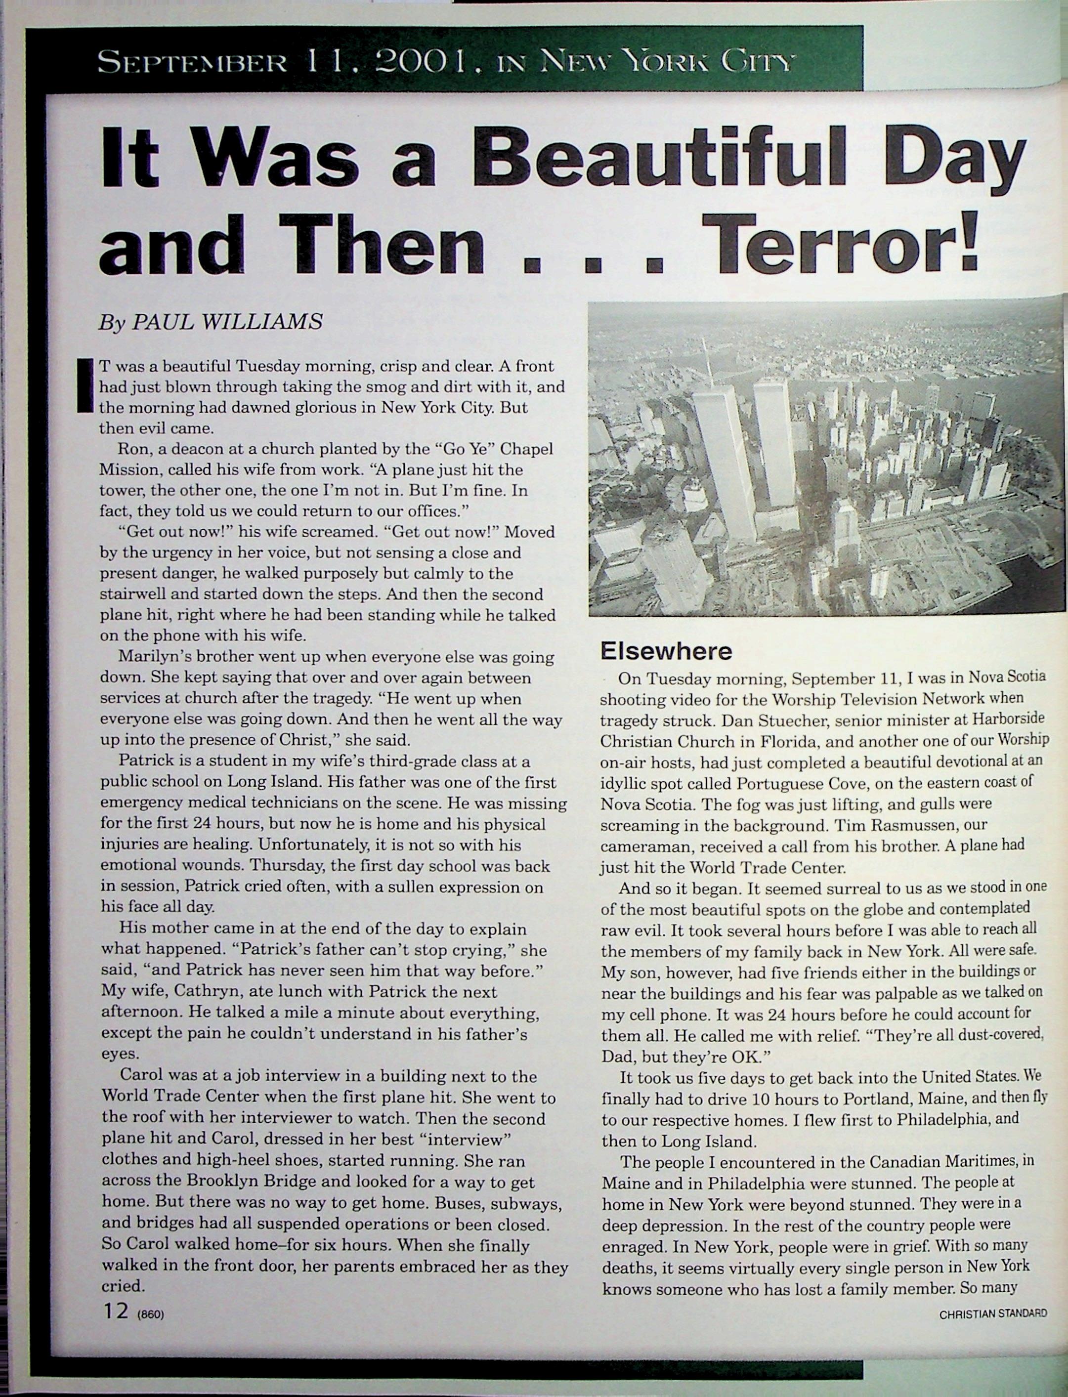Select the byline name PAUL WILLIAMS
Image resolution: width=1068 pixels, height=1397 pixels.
[226, 322]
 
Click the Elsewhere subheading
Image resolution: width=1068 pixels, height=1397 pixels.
[666, 650]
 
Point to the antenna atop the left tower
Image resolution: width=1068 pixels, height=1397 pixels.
[706, 362]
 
